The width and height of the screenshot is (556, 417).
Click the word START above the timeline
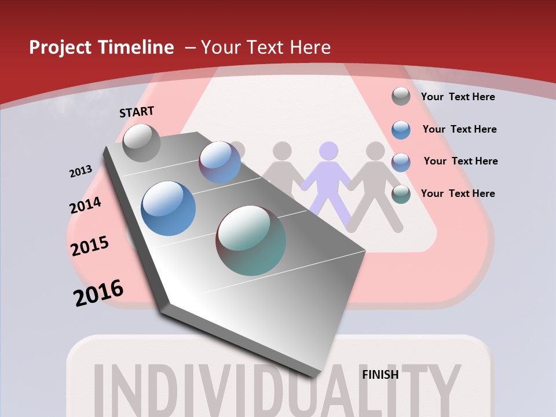[137, 111]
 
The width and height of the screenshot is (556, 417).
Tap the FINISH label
[381, 375]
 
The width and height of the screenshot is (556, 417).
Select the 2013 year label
[81, 171]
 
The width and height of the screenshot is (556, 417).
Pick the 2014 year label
[85, 206]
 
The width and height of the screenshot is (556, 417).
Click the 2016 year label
[98, 293]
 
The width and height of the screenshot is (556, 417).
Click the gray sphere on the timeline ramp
[141, 142]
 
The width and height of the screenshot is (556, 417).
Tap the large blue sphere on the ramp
[168, 209]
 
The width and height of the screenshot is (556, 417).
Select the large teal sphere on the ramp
[251, 240]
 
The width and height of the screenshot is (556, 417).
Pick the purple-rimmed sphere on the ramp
[220, 162]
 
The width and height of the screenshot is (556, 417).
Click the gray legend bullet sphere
[401, 96]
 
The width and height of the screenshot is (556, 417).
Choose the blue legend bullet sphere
[401, 129]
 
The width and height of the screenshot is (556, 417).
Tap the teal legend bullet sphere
[401, 194]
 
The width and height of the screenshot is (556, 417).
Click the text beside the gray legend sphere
[458, 97]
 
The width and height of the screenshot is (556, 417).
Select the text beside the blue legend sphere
[459, 129]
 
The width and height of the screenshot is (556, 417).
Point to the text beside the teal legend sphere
[458, 193]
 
